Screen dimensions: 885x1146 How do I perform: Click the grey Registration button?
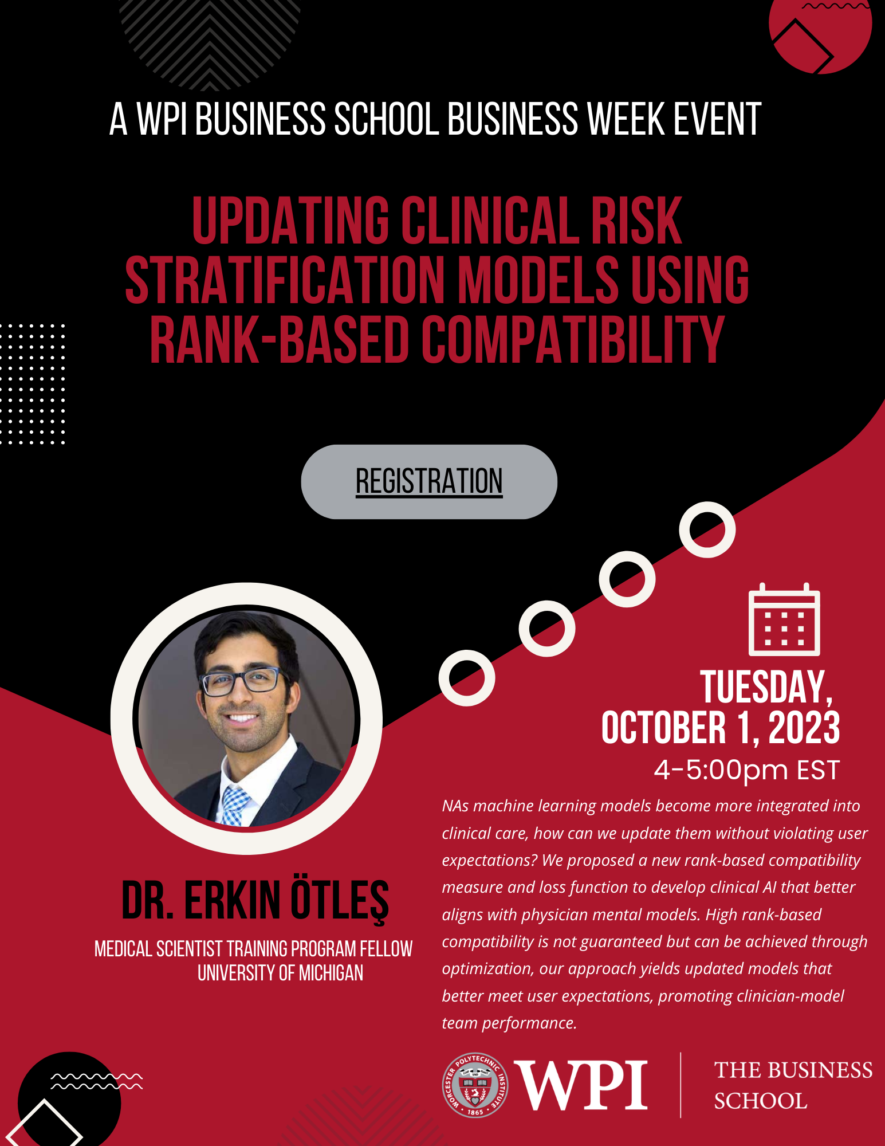[x=429, y=482]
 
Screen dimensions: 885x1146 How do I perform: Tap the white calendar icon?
[x=784, y=619]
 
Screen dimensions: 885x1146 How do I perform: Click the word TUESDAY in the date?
[x=766, y=687]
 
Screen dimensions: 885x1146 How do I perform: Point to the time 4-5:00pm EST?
[x=747, y=770]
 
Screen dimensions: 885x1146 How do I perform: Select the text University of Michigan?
[x=280, y=973]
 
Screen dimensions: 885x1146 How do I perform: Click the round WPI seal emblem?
[x=475, y=1085]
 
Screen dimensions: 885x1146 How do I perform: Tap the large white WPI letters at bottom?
[x=581, y=1085]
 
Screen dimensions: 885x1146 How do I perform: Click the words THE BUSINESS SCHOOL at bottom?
[x=793, y=1085]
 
